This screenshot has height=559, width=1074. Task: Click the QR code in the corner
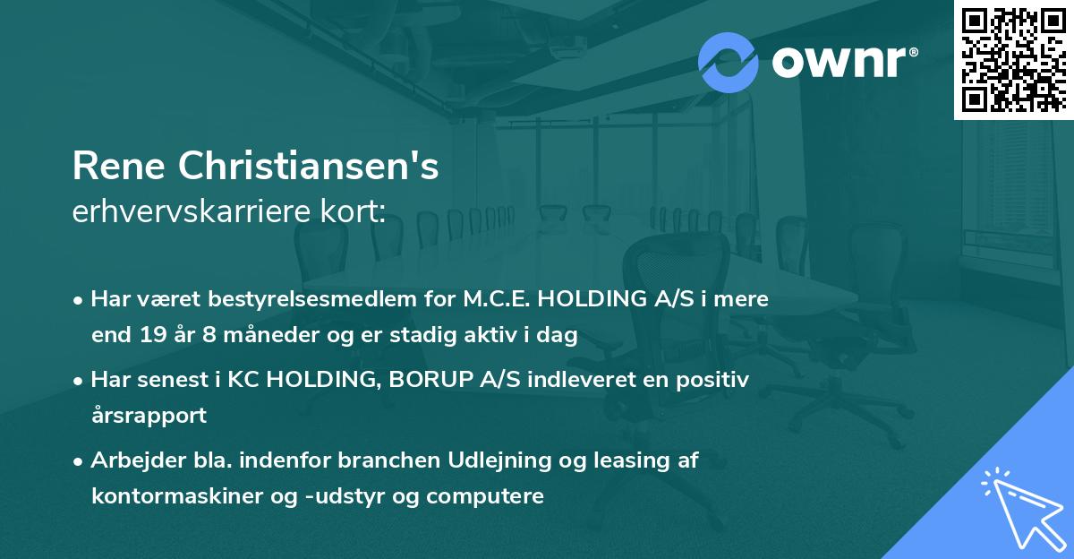coord(1013,59)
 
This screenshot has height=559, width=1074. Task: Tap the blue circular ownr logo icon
coord(728,63)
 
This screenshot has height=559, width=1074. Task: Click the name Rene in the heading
coord(119,166)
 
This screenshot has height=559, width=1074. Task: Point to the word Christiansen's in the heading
coord(308,166)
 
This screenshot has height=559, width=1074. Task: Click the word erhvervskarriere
coord(192,211)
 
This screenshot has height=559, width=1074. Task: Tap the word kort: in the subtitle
coord(353,211)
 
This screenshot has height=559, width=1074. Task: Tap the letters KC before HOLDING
coord(243,380)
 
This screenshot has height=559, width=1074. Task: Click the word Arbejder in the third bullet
coord(138,461)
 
